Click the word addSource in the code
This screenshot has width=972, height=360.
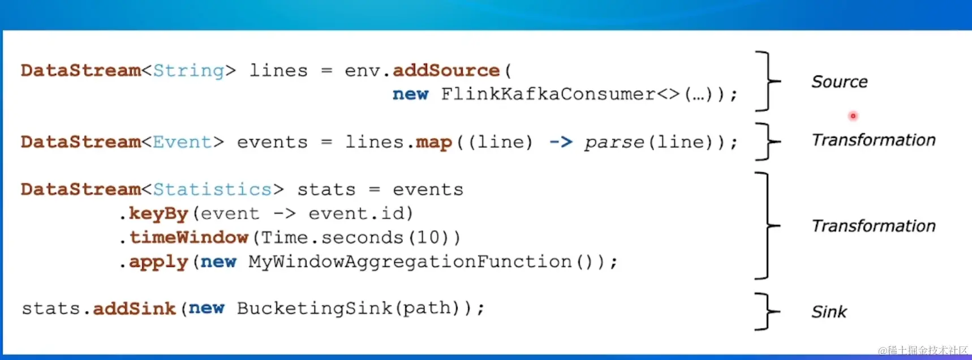coord(446,71)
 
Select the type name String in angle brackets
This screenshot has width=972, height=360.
coord(188,71)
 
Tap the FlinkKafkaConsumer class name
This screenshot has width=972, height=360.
coord(548,94)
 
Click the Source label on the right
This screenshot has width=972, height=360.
coord(839,82)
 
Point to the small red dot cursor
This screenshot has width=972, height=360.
coord(853,116)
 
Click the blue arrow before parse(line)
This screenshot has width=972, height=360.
coord(561,142)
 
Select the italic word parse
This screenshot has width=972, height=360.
coord(614,142)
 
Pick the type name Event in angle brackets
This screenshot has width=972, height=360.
coord(182,142)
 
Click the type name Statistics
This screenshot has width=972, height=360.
coord(213,189)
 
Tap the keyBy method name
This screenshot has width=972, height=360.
coord(158,213)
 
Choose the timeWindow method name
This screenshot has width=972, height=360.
coord(189,237)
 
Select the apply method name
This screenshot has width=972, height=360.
coord(158,262)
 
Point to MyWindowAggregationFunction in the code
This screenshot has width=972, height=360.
coord(410,262)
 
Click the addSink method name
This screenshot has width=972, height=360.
coord(135,308)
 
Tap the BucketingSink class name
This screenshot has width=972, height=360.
coord(314,308)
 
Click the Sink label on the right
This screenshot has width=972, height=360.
coord(829,312)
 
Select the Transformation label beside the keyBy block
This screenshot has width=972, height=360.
coord(873,226)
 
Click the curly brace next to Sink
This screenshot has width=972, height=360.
coord(768,311)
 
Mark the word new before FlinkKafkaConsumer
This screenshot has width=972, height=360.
coord(410,94)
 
